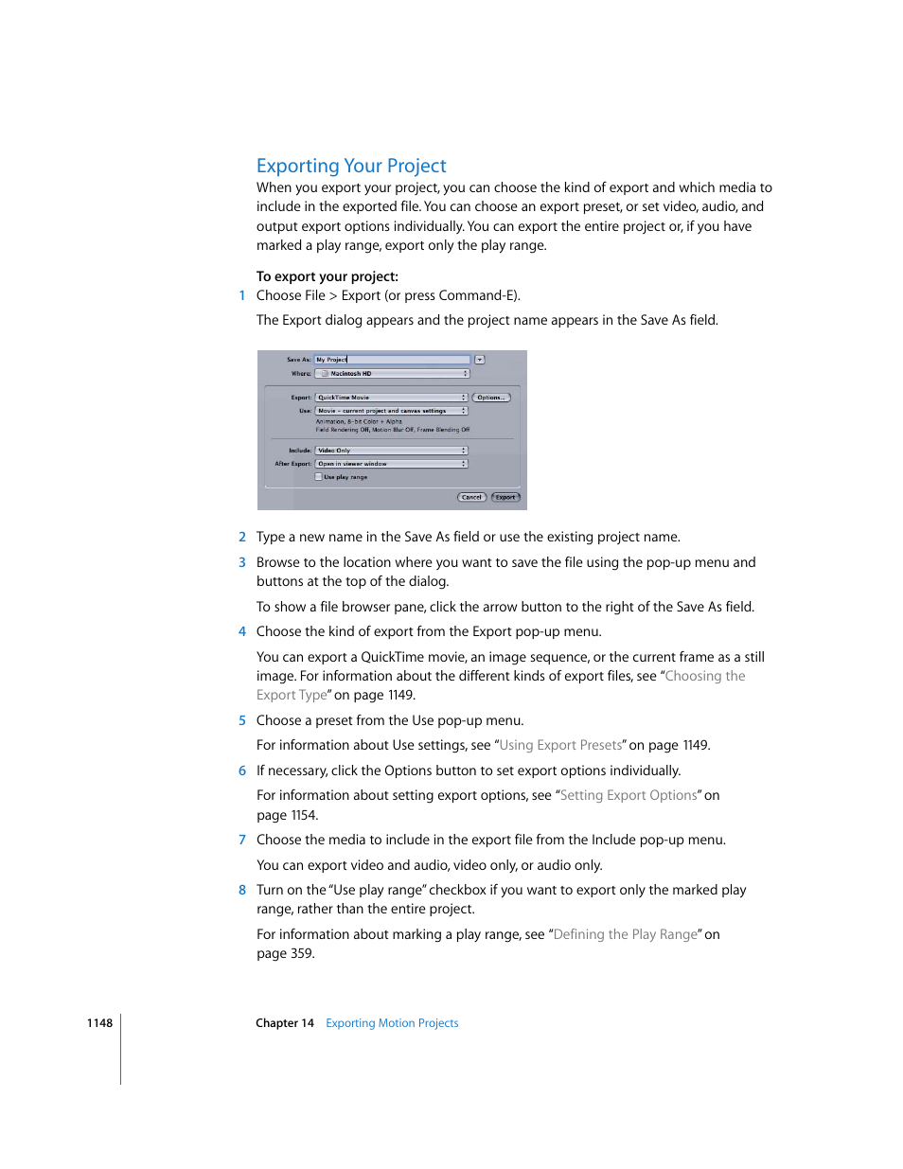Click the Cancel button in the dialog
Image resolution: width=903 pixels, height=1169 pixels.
click(x=471, y=497)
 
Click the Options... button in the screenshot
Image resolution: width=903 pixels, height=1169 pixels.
click(x=490, y=398)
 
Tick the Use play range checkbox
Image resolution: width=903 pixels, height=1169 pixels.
click(x=319, y=477)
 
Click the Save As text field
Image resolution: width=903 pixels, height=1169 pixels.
click(x=392, y=360)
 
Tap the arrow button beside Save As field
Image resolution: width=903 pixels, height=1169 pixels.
click(x=480, y=360)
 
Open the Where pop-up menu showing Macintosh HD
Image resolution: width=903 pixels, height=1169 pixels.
click(x=392, y=374)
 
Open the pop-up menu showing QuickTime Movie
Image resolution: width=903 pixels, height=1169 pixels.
click(x=391, y=398)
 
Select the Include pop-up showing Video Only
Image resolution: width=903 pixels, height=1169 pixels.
click(x=391, y=451)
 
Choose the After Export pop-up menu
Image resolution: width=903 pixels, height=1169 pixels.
click(x=391, y=464)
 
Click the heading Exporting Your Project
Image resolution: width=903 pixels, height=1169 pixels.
click(x=351, y=166)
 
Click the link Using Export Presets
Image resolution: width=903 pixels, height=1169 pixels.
click(x=560, y=745)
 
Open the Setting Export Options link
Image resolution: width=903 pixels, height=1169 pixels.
click(x=629, y=795)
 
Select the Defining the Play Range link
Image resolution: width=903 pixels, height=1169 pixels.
click(x=626, y=934)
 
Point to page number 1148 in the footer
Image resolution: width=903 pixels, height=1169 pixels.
click(x=99, y=1023)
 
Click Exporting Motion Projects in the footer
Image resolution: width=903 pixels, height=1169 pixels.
click(x=392, y=1023)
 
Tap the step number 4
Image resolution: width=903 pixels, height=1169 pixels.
click(x=242, y=631)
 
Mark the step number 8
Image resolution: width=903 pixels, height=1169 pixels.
click(x=242, y=890)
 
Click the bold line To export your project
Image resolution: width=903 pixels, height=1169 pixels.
click(x=328, y=276)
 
